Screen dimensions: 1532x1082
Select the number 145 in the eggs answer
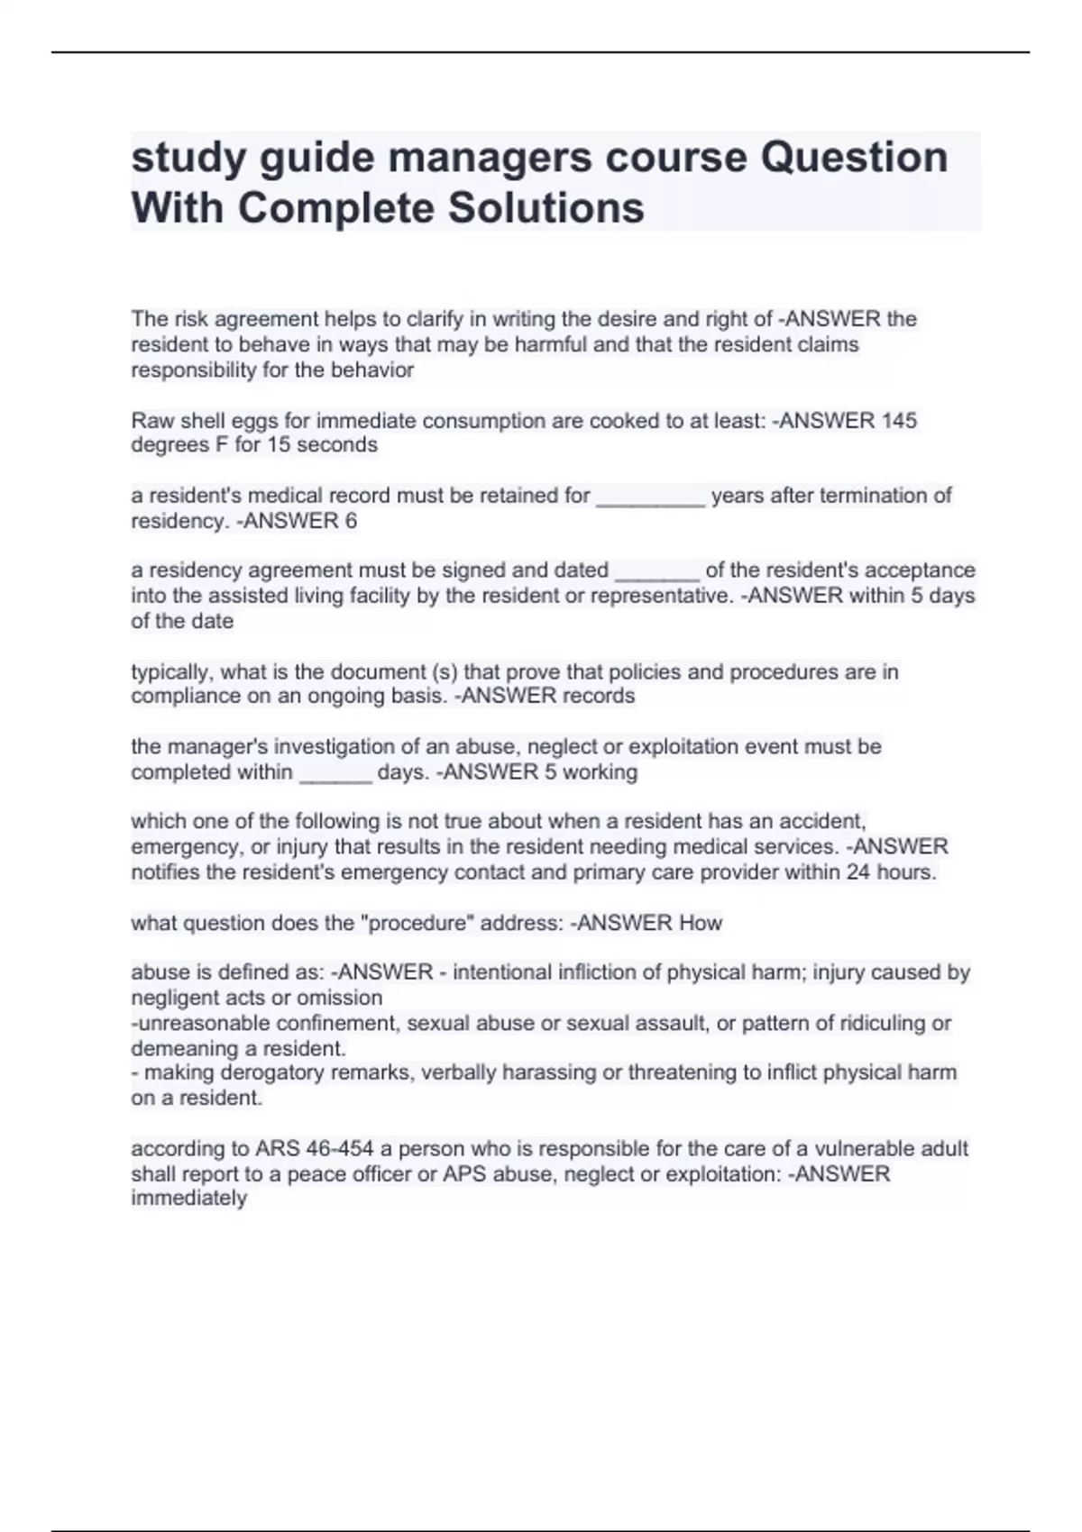click(x=899, y=420)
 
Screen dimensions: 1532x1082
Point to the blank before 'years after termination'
click(x=650, y=497)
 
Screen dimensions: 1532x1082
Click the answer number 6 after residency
click(x=351, y=521)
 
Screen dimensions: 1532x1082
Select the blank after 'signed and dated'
click(x=656, y=571)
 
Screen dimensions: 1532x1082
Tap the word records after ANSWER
click(x=599, y=696)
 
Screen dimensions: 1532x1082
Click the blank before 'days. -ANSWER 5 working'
click(x=335, y=772)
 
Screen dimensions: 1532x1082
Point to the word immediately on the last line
click(x=188, y=1198)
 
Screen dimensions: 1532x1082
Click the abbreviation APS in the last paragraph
click(x=465, y=1173)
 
